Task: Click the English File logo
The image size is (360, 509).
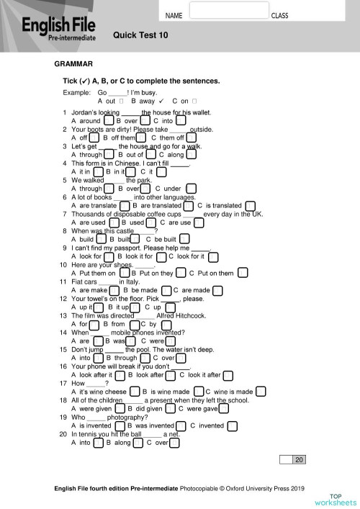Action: click(x=53, y=29)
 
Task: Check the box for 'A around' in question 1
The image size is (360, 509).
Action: click(x=108, y=121)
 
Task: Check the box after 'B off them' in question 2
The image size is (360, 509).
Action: click(x=143, y=138)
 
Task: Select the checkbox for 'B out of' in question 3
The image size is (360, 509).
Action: click(x=150, y=154)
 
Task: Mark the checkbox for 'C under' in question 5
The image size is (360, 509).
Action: click(x=190, y=189)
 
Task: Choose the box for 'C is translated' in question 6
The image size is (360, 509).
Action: click(x=250, y=206)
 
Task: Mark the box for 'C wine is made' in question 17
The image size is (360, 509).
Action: click(x=261, y=391)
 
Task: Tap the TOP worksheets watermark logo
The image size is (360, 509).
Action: click(x=334, y=499)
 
